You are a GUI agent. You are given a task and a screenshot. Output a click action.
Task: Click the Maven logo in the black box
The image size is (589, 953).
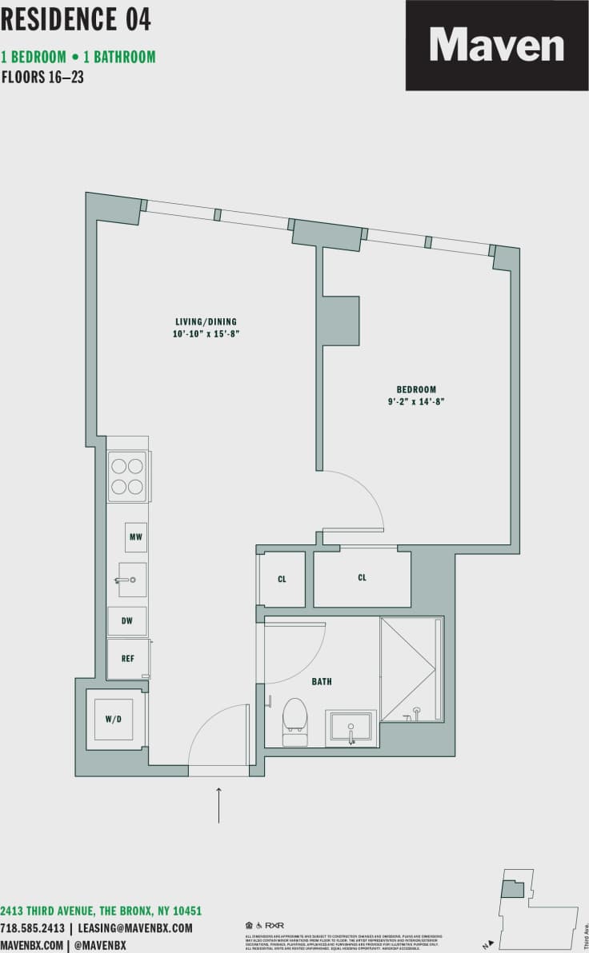click(496, 46)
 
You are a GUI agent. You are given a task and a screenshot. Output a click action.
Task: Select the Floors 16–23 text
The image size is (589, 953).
click(43, 78)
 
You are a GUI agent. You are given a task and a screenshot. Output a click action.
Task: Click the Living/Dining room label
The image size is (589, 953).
click(206, 321)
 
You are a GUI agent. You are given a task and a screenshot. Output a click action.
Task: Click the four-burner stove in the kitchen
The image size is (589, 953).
click(127, 476)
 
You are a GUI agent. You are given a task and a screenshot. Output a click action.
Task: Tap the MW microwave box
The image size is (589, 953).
click(135, 536)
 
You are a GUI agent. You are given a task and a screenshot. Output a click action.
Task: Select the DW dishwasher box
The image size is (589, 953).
click(127, 620)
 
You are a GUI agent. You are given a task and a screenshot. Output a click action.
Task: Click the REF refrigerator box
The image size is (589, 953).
click(128, 660)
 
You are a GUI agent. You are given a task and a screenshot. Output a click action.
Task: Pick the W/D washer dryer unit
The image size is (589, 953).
click(114, 719)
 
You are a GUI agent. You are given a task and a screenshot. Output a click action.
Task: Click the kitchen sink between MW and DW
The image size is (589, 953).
click(131, 579)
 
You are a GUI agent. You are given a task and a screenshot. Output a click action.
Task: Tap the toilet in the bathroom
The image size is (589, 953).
click(294, 718)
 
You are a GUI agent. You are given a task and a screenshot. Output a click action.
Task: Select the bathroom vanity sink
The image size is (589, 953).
click(351, 727)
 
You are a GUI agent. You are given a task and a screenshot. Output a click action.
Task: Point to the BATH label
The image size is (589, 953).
click(322, 682)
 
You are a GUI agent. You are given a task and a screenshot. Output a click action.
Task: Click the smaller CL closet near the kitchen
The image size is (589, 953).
click(282, 579)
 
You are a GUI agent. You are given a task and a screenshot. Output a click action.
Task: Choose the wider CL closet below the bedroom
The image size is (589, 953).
click(362, 577)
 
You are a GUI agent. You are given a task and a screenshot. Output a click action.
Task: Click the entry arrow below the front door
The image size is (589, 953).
click(218, 804)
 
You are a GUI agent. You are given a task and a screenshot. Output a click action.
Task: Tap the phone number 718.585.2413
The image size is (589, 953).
click(33, 928)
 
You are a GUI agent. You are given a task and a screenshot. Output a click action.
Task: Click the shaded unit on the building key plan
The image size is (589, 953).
click(512, 888)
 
